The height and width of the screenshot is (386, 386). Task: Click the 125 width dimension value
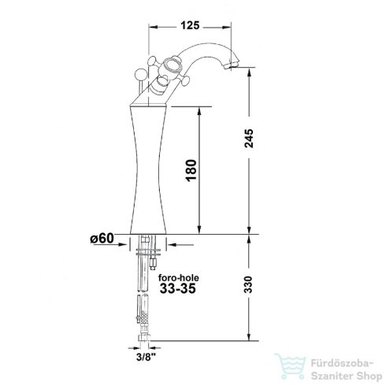click(x=190, y=26)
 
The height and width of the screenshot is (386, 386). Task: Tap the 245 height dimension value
click(x=249, y=138)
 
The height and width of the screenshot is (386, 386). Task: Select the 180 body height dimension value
click(x=191, y=170)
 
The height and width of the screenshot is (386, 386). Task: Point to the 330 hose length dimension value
click(x=248, y=284)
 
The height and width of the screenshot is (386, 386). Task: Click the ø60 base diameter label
click(x=102, y=239)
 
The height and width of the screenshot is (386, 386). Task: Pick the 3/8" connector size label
click(x=146, y=357)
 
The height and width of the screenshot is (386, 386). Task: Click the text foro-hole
click(x=179, y=278)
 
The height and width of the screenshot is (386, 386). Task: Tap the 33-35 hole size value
click(x=178, y=288)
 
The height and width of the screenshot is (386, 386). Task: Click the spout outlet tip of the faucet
click(x=231, y=65)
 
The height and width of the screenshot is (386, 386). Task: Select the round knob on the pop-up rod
click(x=139, y=74)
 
